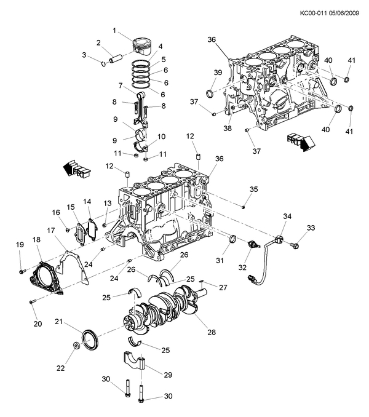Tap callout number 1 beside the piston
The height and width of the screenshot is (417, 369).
coord(114,31)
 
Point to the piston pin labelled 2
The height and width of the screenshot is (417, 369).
coord(114,58)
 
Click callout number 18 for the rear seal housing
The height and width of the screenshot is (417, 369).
coord(36,239)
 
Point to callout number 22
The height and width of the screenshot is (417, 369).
coord(60,368)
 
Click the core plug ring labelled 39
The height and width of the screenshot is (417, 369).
coord(210,93)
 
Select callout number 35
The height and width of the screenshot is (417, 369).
coord(253,189)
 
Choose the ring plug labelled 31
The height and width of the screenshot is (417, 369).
coord(233,239)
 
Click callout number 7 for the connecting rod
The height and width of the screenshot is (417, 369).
coord(120,85)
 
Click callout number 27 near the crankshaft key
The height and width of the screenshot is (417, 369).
coord(223,287)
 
